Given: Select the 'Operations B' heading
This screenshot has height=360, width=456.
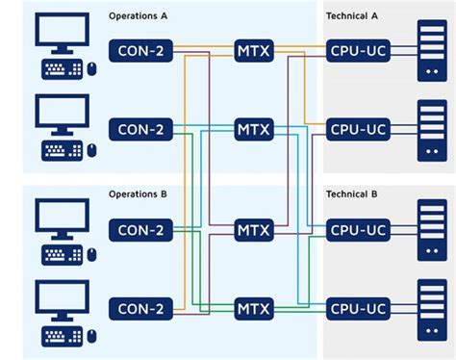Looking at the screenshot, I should [x=138, y=193].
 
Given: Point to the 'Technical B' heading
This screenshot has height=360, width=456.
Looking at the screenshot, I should [x=353, y=193].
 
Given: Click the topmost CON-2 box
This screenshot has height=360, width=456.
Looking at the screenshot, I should [x=141, y=49].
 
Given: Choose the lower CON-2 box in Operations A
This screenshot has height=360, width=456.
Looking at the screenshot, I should [x=141, y=128].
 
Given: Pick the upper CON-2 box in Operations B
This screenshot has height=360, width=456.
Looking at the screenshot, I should [x=141, y=230].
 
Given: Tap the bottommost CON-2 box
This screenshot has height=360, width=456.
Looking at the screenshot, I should [x=141, y=309].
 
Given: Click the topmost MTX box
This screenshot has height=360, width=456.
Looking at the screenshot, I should [x=253, y=49].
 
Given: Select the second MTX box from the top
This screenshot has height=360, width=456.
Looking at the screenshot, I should [x=253, y=128].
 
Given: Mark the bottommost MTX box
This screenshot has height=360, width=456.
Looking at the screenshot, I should [x=253, y=309].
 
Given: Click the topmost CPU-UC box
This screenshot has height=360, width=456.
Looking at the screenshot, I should [x=358, y=49].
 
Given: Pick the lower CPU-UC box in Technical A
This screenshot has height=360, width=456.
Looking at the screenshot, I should [x=358, y=128].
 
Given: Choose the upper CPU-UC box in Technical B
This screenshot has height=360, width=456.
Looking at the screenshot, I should [x=358, y=230].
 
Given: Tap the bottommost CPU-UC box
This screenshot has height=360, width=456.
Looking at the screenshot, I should [x=358, y=309].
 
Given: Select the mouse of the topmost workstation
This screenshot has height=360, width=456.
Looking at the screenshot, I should [x=92, y=69].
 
